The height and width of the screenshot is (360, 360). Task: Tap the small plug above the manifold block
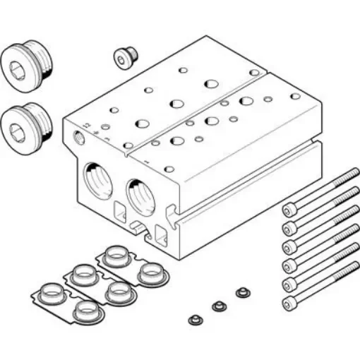[x=126, y=57]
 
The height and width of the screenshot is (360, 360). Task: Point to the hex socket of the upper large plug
[x=16, y=68]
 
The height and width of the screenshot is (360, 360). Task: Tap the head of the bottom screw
[x=288, y=304]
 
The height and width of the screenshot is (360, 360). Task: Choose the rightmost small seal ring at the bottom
[x=244, y=292]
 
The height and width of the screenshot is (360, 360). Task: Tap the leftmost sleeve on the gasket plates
[x=50, y=291]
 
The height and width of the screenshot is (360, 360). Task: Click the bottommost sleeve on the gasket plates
[x=85, y=308]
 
